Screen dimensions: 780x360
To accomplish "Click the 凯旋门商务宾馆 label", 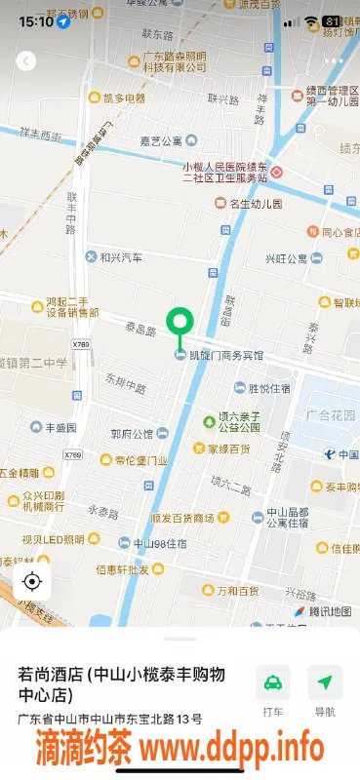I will [x=224, y=355].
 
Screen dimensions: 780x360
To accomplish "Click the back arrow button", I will [x=26, y=60].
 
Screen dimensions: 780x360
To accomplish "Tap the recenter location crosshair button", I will [x=32, y=582].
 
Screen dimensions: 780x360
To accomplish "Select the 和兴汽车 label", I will [x=121, y=257].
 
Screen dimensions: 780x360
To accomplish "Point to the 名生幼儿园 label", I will [x=255, y=204].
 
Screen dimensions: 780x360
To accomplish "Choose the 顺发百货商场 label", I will [x=182, y=517].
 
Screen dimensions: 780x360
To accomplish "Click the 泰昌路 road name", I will [x=140, y=332].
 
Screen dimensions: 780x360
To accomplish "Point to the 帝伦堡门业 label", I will [x=142, y=460].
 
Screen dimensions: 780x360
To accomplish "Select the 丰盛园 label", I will [x=53, y=427].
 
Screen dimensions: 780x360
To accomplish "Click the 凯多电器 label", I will [x=124, y=98].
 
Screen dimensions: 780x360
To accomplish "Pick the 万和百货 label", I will [x=238, y=590].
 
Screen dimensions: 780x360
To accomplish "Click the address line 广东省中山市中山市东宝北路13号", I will [x=110, y=720].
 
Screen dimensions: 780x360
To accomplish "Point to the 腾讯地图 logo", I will [x=322, y=611].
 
